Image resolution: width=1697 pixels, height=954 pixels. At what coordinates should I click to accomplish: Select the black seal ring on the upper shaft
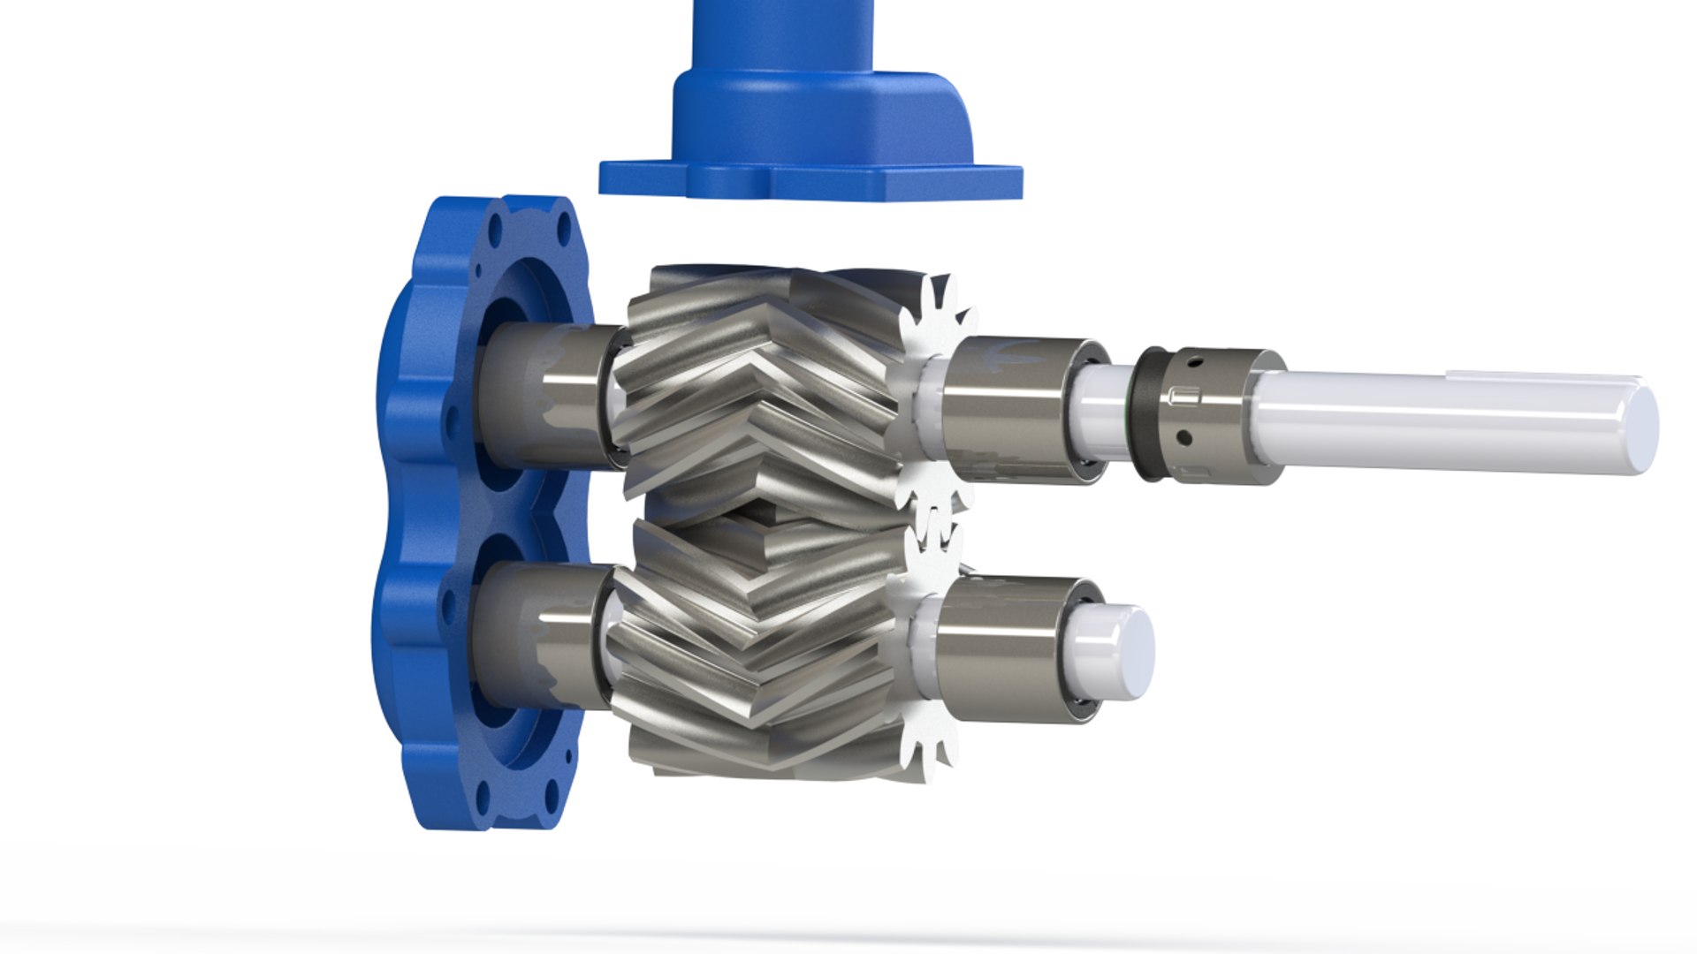(x=1150, y=413)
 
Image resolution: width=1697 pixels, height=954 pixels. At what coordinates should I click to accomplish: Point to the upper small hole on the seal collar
(x=1195, y=361)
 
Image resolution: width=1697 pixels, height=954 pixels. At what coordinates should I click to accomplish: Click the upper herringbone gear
(x=760, y=389)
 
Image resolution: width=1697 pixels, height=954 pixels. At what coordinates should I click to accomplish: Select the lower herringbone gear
(x=760, y=645)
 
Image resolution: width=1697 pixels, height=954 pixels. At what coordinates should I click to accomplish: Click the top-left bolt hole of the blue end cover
(x=494, y=234)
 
